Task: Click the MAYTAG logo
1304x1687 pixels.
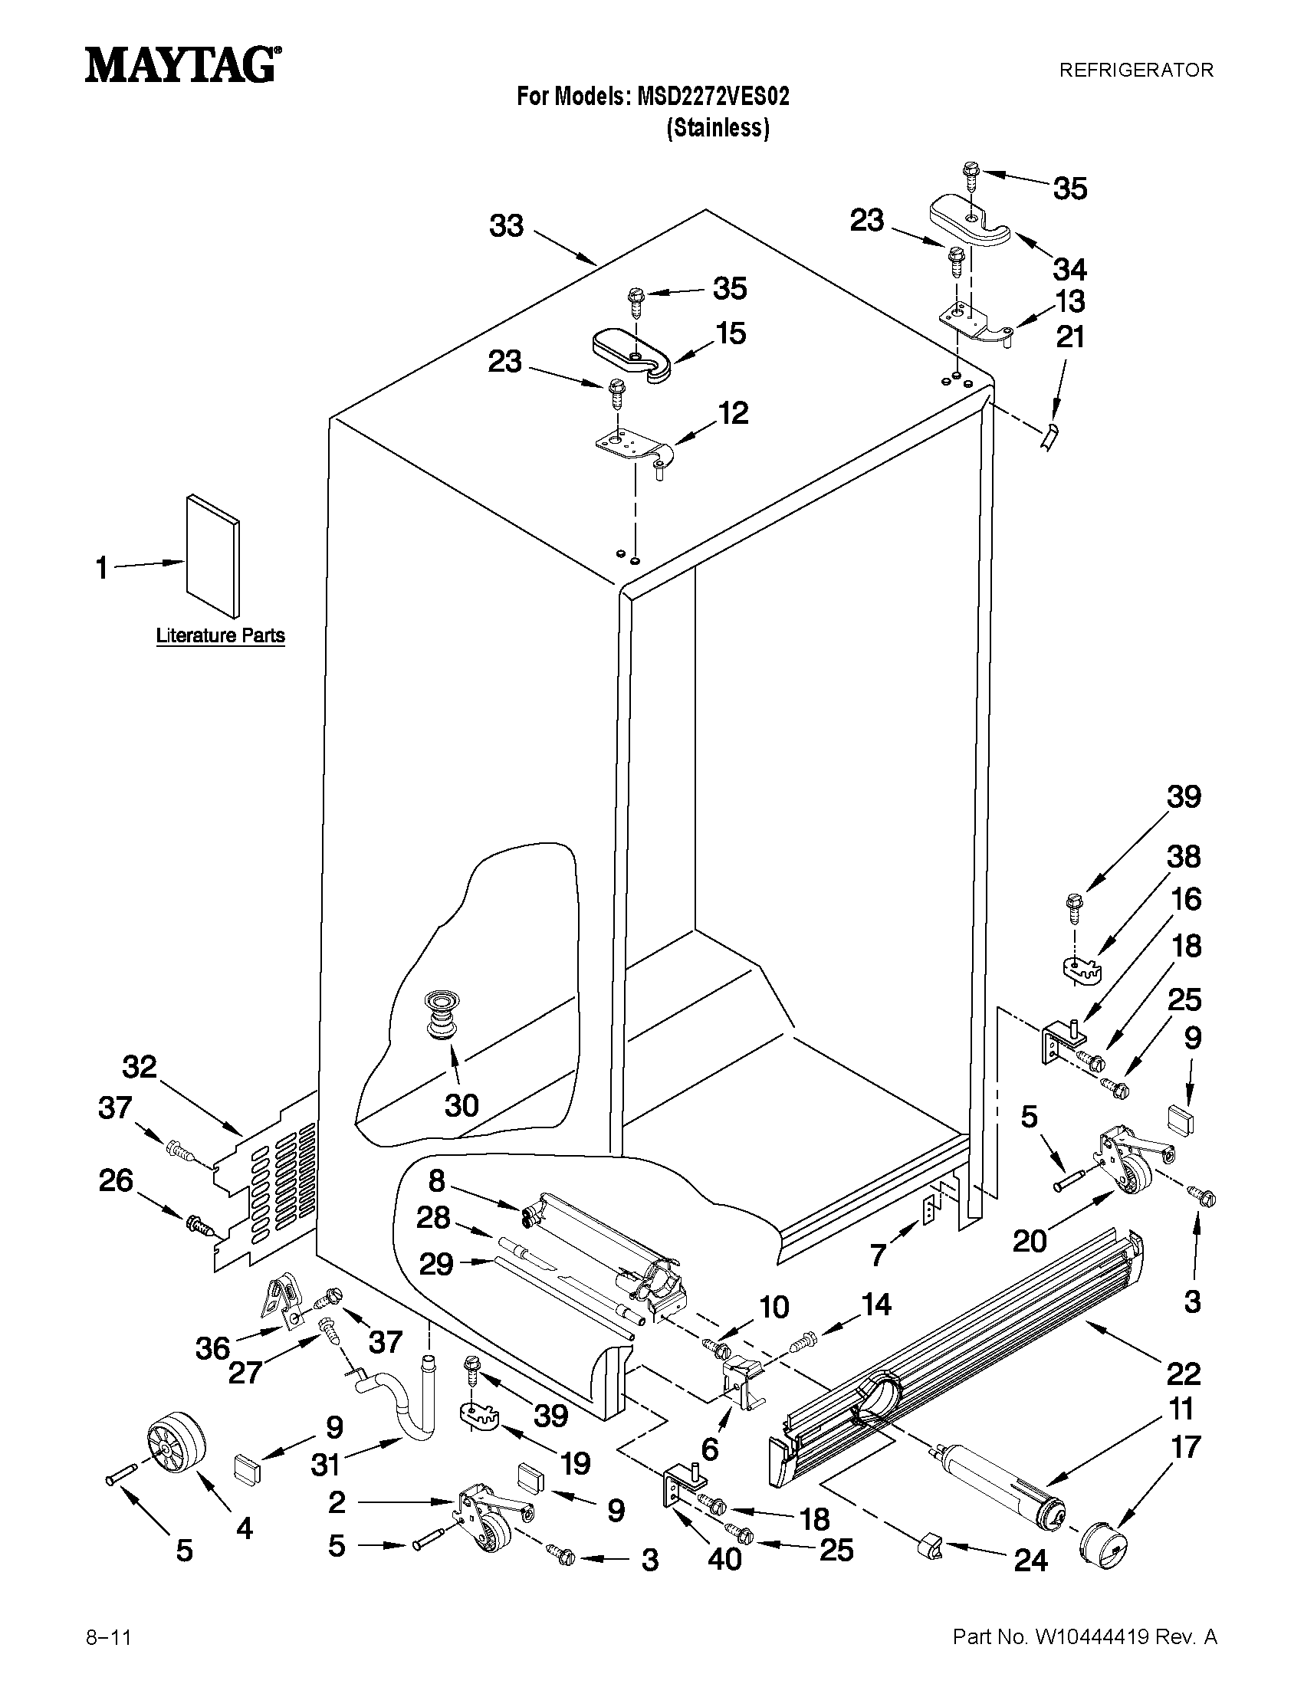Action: pyautogui.click(x=182, y=66)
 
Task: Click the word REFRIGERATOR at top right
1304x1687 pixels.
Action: pyautogui.click(x=1135, y=71)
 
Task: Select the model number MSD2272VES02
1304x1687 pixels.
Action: pyautogui.click(x=713, y=97)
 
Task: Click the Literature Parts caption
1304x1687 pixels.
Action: pyautogui.click(x=220, y=635)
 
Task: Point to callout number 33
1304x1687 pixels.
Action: pyautogui.click(x=507, y=226)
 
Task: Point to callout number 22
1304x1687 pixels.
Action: pyautogui.click(x=1183, y=1374)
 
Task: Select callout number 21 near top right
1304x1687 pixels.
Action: pyautogui.click(x=1070, y=337)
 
